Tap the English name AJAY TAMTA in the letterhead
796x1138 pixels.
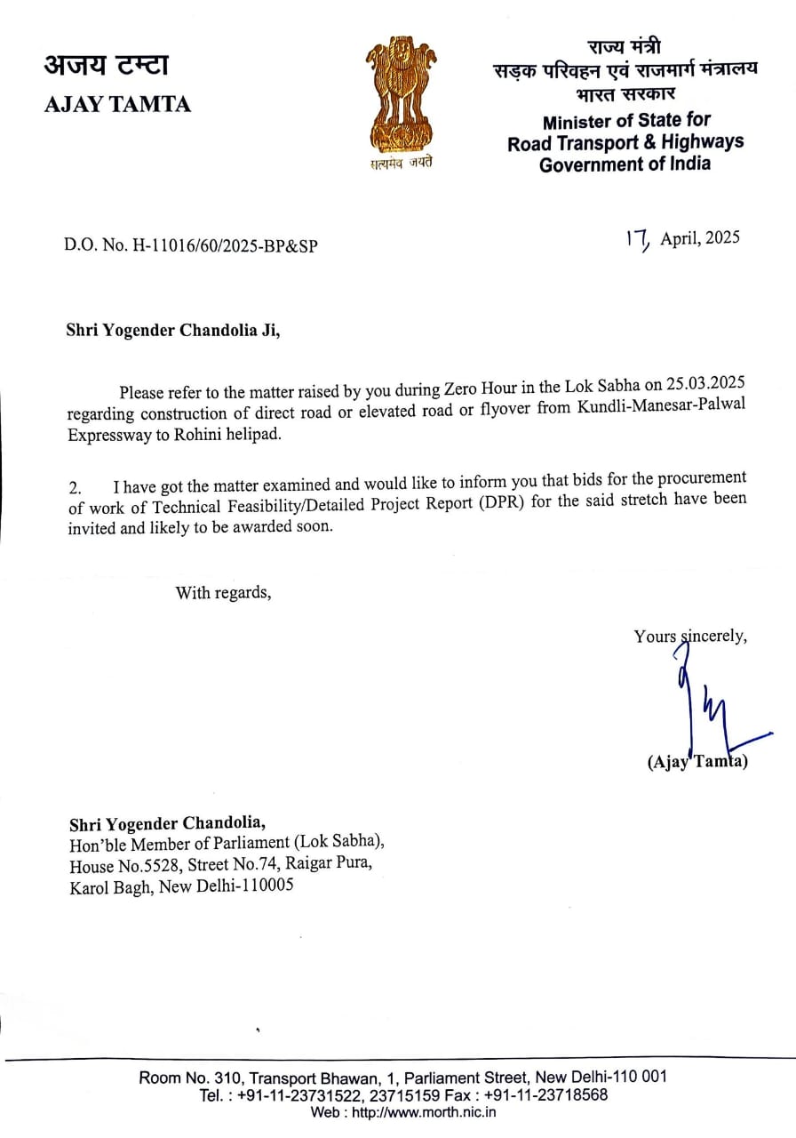tap(117, 104)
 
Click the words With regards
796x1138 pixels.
tap(223, 592)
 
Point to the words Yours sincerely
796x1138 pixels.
tap(690, 636)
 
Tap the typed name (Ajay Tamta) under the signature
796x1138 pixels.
tap(697, 762)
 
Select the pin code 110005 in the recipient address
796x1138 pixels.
tap(264, 886)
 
